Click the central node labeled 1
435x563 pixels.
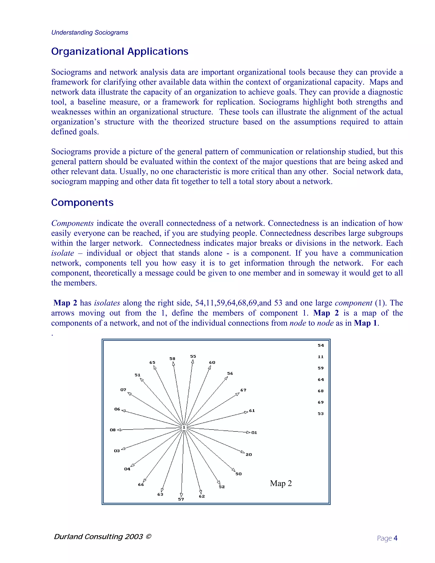(x=184, y=427)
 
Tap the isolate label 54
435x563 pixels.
(x=321, y=345)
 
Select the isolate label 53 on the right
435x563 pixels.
(x=321, y=413)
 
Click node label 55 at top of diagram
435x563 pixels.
(x=193, y=356)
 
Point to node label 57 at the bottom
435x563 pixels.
(x=181, y=499)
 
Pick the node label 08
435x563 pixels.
(x=113, y=430)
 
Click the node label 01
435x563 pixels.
(x=254, y=433)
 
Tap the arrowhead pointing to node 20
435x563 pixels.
(x=243, y=452)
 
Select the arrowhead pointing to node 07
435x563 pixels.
(x=130, y=394)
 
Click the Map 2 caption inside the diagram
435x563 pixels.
(x=281, y=483)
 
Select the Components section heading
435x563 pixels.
(x=82, y=202)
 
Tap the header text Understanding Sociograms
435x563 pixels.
(x=90, y=33)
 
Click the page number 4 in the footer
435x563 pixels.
(x=395, y=538)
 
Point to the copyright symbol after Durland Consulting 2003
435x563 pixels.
(x=148, y=536)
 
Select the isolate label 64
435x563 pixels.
(x=321, y=379)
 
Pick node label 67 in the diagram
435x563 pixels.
(x=243, y=390)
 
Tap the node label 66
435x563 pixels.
(x=141, y=485)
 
